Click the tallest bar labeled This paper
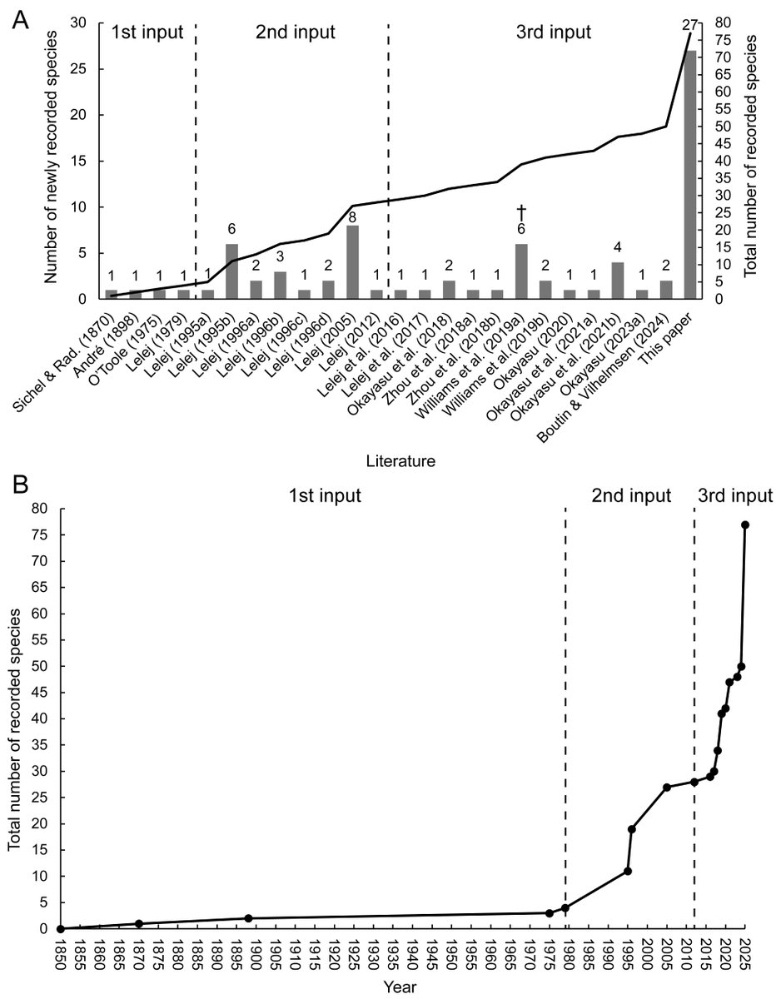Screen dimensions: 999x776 tap(689, 175)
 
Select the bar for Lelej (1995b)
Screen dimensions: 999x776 tap(231, 271)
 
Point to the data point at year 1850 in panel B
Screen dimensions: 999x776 tap(60, 928)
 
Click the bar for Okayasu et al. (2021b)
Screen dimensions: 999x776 tap(617, 281)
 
